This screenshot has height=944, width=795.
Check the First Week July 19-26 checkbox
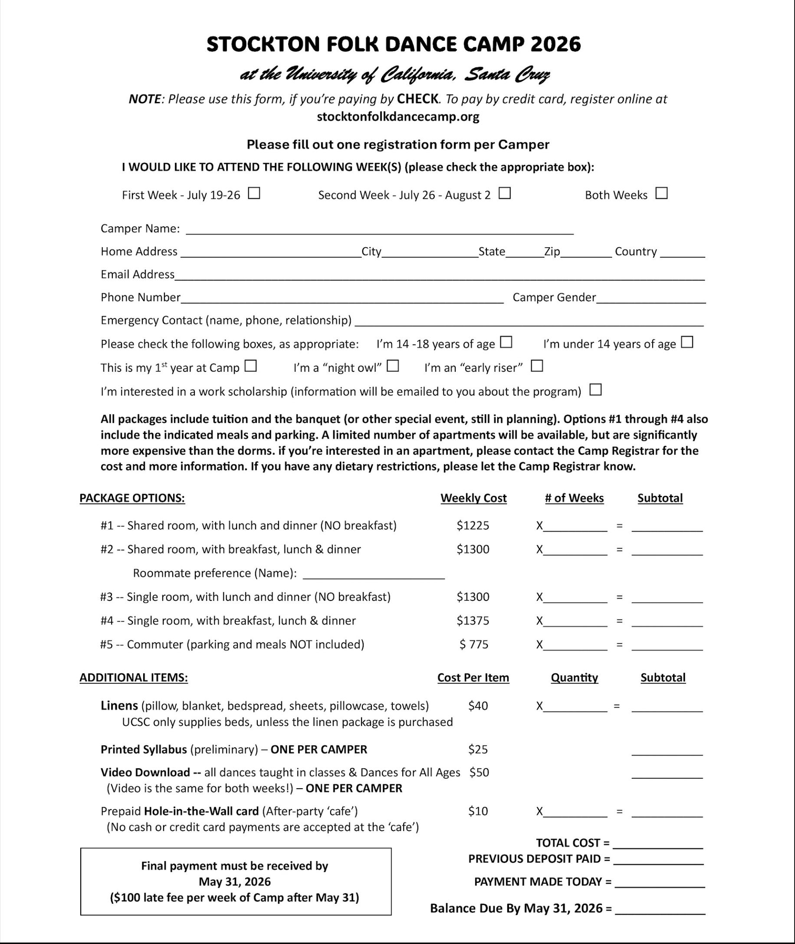[x=255, y=193]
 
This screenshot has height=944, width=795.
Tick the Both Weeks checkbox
[x=661, y=193]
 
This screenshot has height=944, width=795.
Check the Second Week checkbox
[x=505, y=193]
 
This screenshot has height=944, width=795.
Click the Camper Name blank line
[x=379, y=230]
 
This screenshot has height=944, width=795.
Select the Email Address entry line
[x=440, y=276]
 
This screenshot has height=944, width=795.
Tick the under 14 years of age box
[x=687, y=342]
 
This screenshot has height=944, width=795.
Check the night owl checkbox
[x=393, y=366]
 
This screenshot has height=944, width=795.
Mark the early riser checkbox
[x=537, y=366]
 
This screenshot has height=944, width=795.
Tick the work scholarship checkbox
[x=595, y=390]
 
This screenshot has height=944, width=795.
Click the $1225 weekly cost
[x=473, y=525]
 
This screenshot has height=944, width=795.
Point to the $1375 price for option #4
[x=473, y=620]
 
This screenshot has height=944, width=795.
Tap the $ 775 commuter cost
[x=474, y=644]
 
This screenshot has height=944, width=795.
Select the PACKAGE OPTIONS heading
[x=132, y=498]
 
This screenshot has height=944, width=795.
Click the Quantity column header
[x=574, y=678]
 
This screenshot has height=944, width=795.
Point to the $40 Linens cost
[x=478, y=706]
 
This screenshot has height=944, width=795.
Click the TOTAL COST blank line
[x=657, y=844]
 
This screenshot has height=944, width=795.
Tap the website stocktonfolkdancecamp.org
[x=398, y=117]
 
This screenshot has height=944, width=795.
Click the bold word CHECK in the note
[x=417, y=98]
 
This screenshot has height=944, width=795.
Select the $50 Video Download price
[x=479, y=772]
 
